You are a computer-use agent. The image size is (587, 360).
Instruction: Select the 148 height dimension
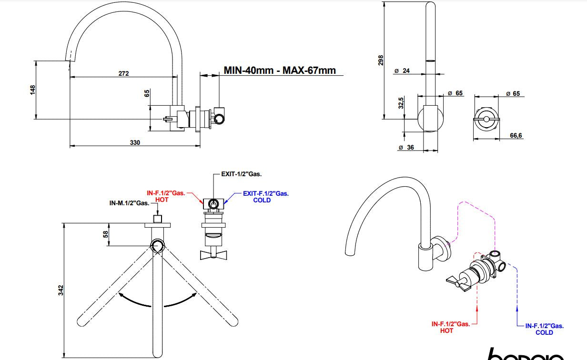tap(32, 90)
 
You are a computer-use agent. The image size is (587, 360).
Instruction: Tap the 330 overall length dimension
tap(135, 142)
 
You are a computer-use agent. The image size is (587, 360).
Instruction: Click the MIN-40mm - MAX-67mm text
tap(280, 70)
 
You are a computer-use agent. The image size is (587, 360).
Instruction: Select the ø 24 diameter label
tap(403, 71)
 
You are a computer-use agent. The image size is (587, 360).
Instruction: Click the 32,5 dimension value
tap(401, 103)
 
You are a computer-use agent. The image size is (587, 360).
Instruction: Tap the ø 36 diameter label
tap(406, 148)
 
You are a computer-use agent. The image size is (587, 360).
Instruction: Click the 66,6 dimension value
tap(516, 136)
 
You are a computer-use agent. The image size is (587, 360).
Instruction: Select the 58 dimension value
tap(106, 234)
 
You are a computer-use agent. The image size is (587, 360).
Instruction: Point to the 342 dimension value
tap(61, 290)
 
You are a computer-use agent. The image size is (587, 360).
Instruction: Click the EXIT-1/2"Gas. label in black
tap(242, 174)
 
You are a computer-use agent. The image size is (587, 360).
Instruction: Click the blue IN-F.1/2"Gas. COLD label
tap(544, 329)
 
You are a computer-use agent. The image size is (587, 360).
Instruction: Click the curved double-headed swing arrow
tap(158, 301)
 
